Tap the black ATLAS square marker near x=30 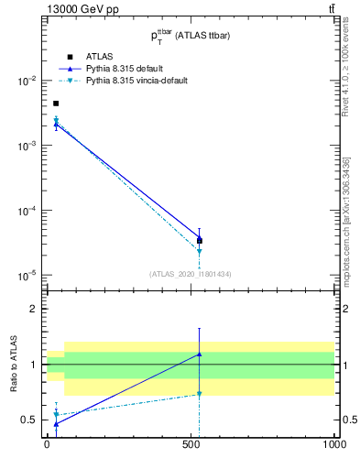point(56,104)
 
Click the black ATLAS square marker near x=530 point(199,240)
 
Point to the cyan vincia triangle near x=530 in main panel point(199,251)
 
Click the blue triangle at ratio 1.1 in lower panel point(199,354)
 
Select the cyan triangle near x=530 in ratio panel point(199,395)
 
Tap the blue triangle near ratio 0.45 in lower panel point(56,424)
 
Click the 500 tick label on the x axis point(190,445)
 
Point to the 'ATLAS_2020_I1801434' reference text point(189,273)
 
